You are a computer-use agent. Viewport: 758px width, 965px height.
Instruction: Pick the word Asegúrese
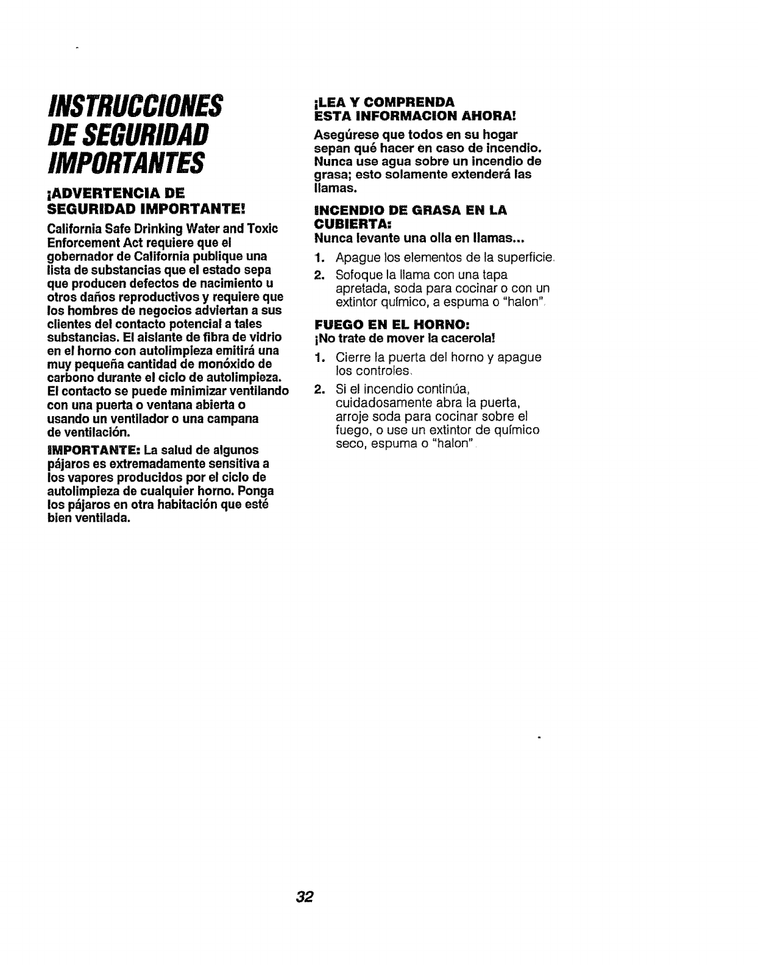pyautogui.click(x=341, y=134)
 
